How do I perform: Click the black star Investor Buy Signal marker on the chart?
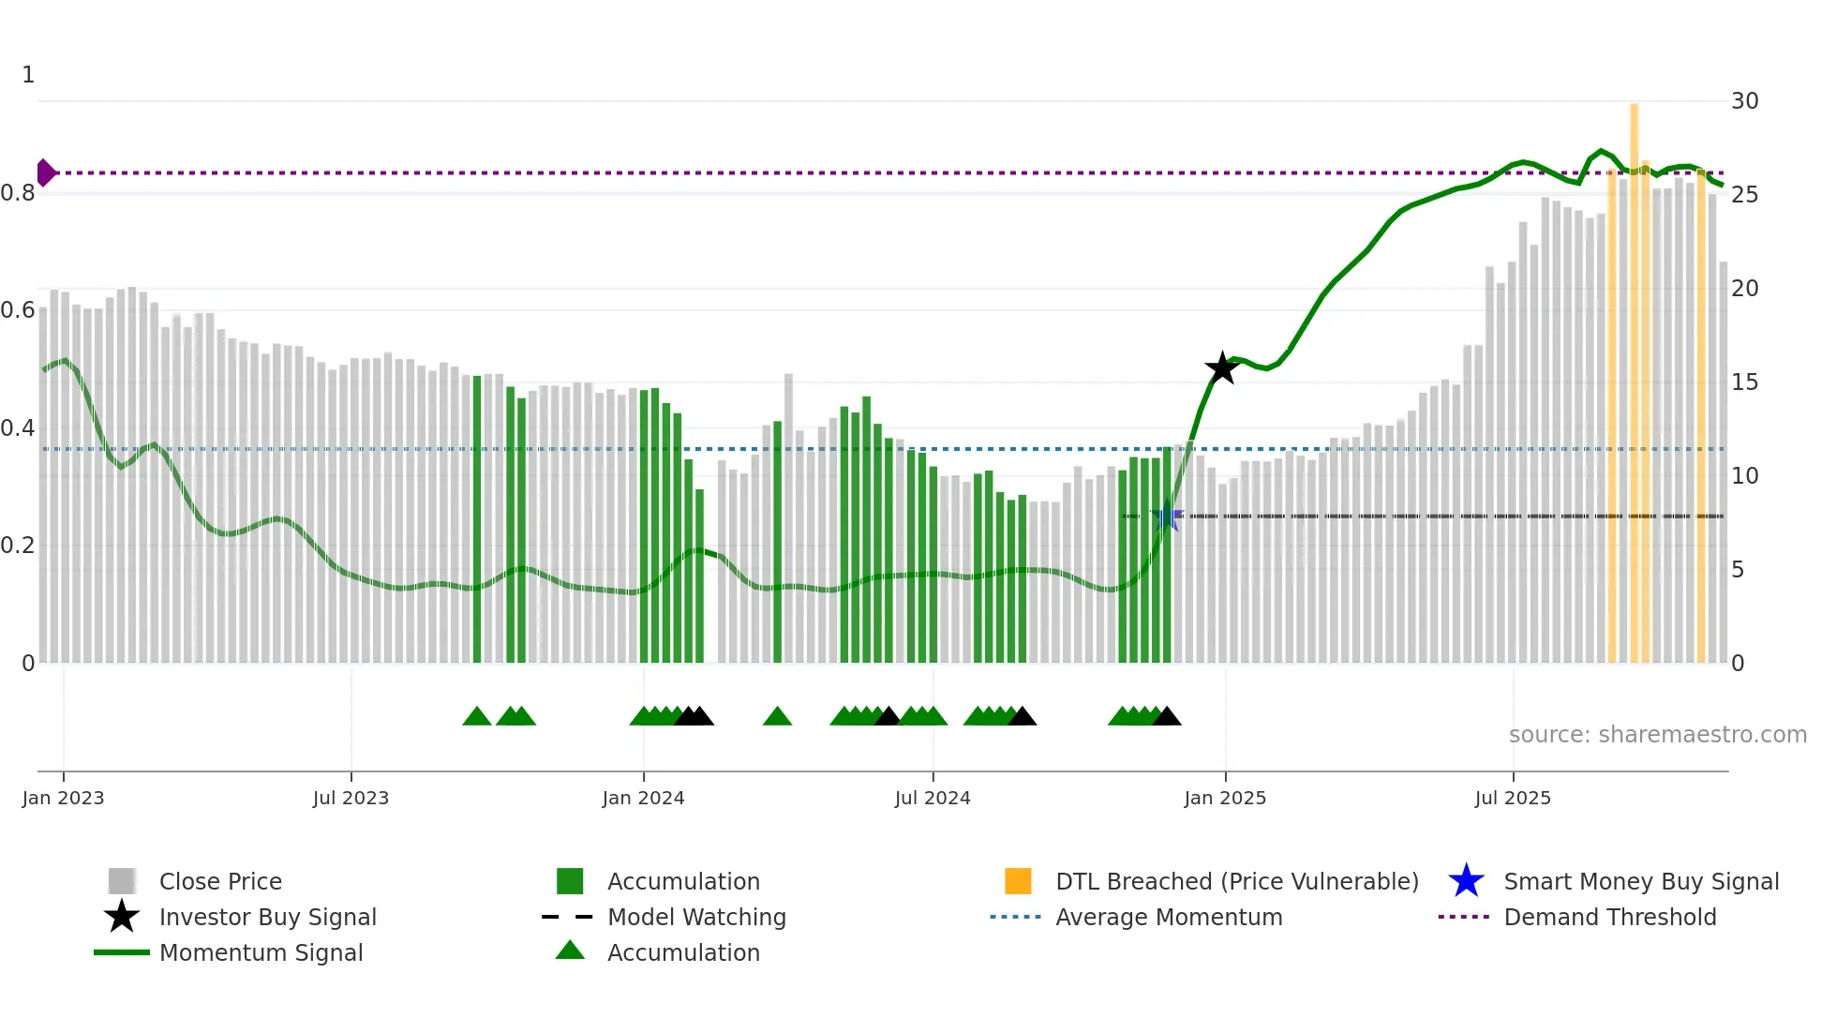tap(1221, 368)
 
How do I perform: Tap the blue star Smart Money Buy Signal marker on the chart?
tap(1166, 516)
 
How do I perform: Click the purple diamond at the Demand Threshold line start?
tap(45, 172)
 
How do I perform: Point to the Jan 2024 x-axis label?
tap(643, 798)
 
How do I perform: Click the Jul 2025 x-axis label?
tap(1512, 798)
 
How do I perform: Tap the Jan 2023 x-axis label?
tap(63, 798)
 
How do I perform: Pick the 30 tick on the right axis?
tap(1744, 100)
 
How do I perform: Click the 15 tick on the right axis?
tap(1744, 382)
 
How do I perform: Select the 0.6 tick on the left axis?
tap(19, 310)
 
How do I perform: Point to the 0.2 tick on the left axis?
tap(19, 546)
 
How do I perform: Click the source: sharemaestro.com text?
tap(1657, 734)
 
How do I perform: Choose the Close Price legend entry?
tap(220, 881)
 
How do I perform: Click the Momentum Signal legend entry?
tap(261, 952)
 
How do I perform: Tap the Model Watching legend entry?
tap(696, 917)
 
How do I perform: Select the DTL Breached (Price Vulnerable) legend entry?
tap(1236, 881)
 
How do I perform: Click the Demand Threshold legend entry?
tap(1609, 917)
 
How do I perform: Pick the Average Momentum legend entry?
tap(1168, 917)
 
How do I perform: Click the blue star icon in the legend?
tap(1466, 881)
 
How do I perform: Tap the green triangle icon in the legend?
tap(570, 951)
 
